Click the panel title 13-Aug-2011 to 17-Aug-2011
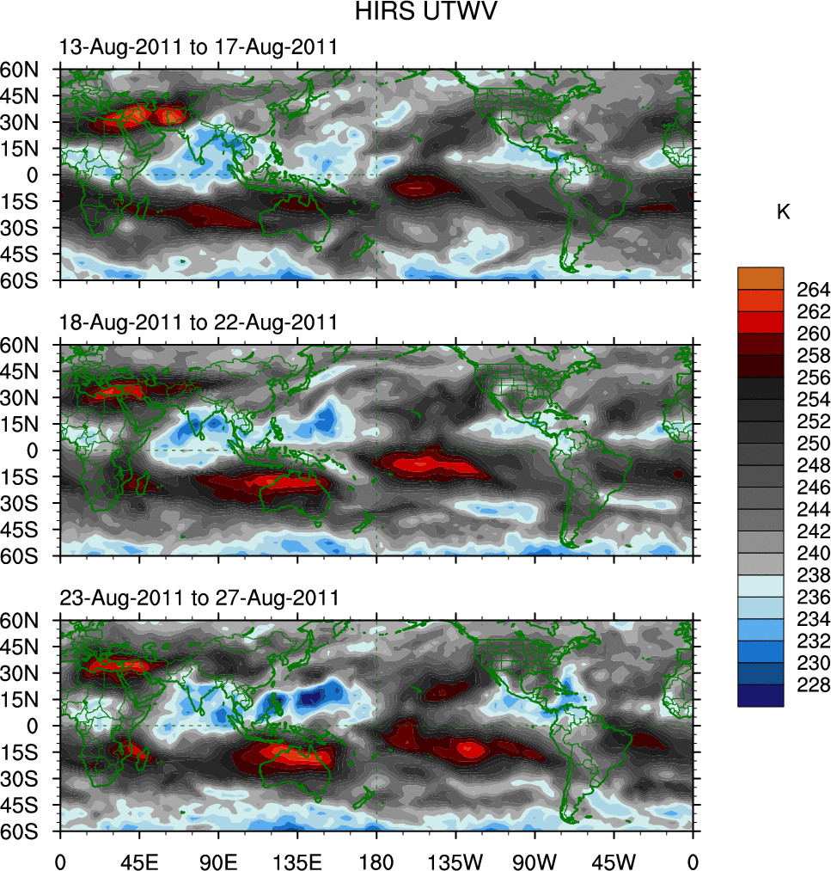(x=199, y=48)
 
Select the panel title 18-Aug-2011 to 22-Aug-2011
(x=199, y=322)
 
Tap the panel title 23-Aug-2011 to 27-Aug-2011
(x=199, y=598)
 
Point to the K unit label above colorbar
(x=783, y=212)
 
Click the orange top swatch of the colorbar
(x=761, y=278)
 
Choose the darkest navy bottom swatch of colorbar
(x=761, y=696)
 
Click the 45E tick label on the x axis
(x=139, y=860)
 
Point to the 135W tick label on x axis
(x=455, y=860)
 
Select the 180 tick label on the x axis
(x=376, y=860)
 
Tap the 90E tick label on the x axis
(x=218, y=860)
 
